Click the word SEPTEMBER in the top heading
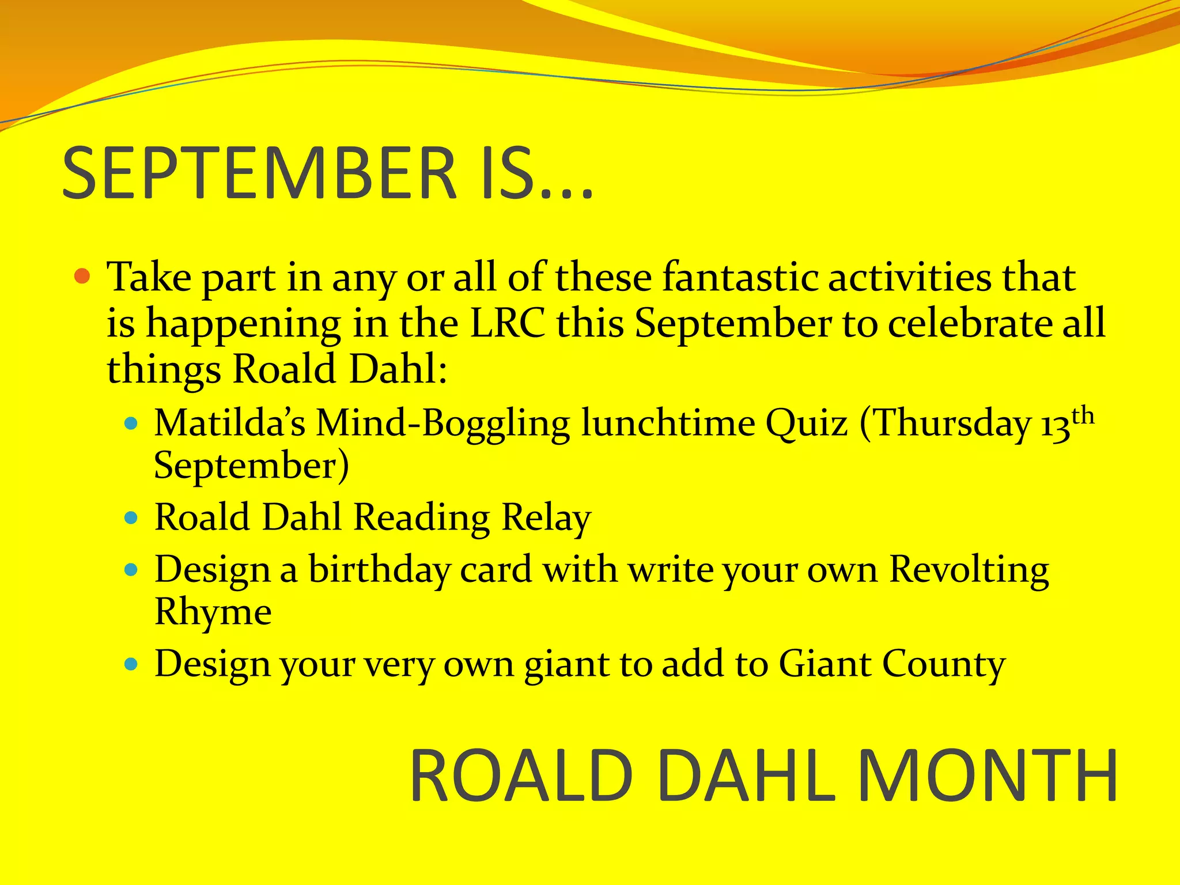(259, 173)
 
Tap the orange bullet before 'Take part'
(83, 277)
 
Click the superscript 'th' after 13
(1083, 416)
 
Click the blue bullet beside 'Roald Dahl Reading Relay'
(132, 517)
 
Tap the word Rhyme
(213, 612)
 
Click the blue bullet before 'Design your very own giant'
(132, 665)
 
